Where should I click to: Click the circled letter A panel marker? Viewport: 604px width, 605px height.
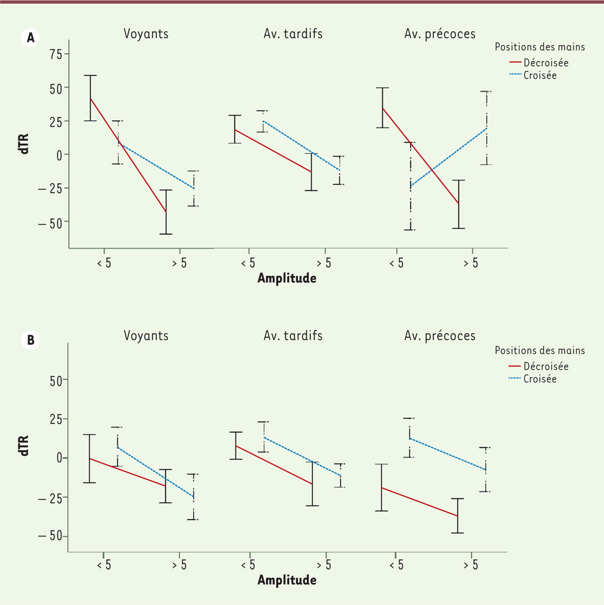click(x=31, y=38)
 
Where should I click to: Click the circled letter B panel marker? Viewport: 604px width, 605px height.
click(x=31, y=340)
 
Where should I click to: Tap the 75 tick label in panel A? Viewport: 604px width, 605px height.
click(x=56, y=54)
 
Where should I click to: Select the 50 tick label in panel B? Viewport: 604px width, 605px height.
click(x=56, y=380)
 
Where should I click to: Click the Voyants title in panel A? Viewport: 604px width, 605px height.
click(x=146, y=34)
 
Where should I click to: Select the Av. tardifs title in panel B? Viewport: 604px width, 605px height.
click(x=293, y=336)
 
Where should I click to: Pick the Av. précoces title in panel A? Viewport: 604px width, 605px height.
click(x=440, y=34)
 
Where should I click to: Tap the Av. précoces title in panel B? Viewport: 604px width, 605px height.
click(x=440, y=336)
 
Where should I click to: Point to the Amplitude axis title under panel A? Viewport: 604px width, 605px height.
click(x=287, y=278)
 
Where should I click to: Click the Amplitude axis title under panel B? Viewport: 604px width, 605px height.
click(x=287, y=580)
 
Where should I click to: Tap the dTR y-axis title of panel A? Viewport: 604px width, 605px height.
click(x=24, y=143)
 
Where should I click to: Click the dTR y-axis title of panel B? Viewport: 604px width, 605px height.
click(x=24, y=446)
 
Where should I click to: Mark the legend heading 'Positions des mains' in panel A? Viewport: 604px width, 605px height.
click(x=540, y=47)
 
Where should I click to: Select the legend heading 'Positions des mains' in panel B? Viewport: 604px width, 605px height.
click(x=540, y=350)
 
